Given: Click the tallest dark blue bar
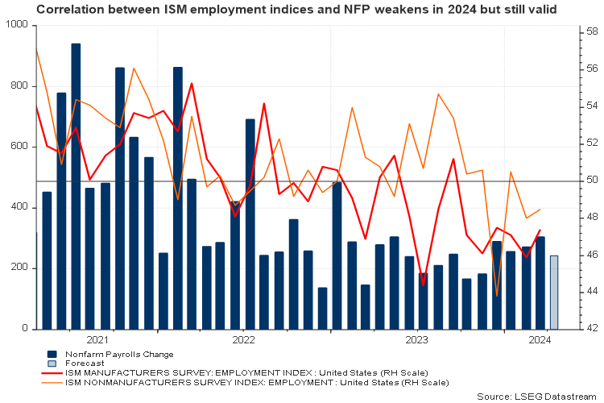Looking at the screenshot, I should pyautogui.click(x=76, y=185).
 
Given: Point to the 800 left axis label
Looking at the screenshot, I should pyautogui.click(x=19, y=86).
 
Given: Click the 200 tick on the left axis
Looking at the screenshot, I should pyautogui.click(x=19, y=268).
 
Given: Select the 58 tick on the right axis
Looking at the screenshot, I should pyautogui.click(x=591, y=32).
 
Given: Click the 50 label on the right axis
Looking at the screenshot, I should pyautogui.click(x=591, y=180).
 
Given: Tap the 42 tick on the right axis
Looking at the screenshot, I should pyautogui.click(x=591, y=328).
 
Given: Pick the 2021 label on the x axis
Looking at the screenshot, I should pyautogui.click(x=97, y=340).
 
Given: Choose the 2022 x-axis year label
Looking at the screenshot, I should pyautogui.click(x=243, y=340).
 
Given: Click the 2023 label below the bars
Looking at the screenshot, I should pyautogui.click(x=417, y=340).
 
